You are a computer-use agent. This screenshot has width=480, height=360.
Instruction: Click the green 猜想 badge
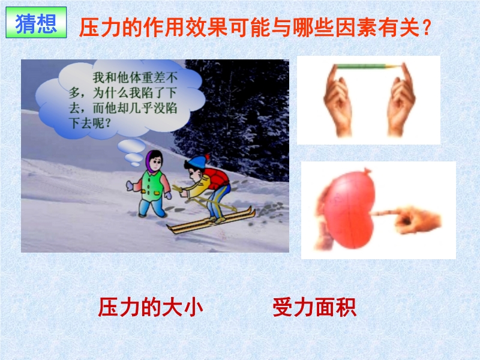36,23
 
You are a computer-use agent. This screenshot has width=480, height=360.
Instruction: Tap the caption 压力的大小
151,307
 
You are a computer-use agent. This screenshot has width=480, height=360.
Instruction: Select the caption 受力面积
314,307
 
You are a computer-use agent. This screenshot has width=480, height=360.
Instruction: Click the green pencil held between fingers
367,66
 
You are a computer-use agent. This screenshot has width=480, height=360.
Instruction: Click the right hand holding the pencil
400,101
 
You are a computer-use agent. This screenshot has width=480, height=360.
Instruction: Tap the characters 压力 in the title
100,28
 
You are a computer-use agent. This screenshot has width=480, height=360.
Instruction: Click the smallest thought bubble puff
136,164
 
